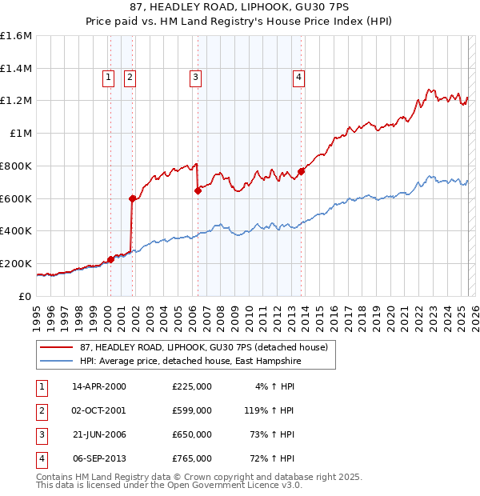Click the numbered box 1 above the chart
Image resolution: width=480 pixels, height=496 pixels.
coord(108,78)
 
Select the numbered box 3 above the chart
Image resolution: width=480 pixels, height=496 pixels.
coord(195,78)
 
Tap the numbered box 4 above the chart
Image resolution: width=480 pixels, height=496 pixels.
coord(298,78)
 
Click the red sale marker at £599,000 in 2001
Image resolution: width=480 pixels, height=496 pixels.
coord(132,198)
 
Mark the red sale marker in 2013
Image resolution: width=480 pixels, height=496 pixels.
coord(301,171)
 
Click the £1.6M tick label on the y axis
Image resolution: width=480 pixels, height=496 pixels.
coord(16,36)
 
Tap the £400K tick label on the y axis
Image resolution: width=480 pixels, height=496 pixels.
coord(16,231)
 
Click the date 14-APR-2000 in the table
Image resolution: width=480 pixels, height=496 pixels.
coord(99,386)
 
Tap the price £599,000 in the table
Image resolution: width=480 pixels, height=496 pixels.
coord(192,410)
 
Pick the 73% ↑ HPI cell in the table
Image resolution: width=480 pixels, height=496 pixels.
coord(274,434)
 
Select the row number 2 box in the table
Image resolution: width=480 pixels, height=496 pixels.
coord(41,410)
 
